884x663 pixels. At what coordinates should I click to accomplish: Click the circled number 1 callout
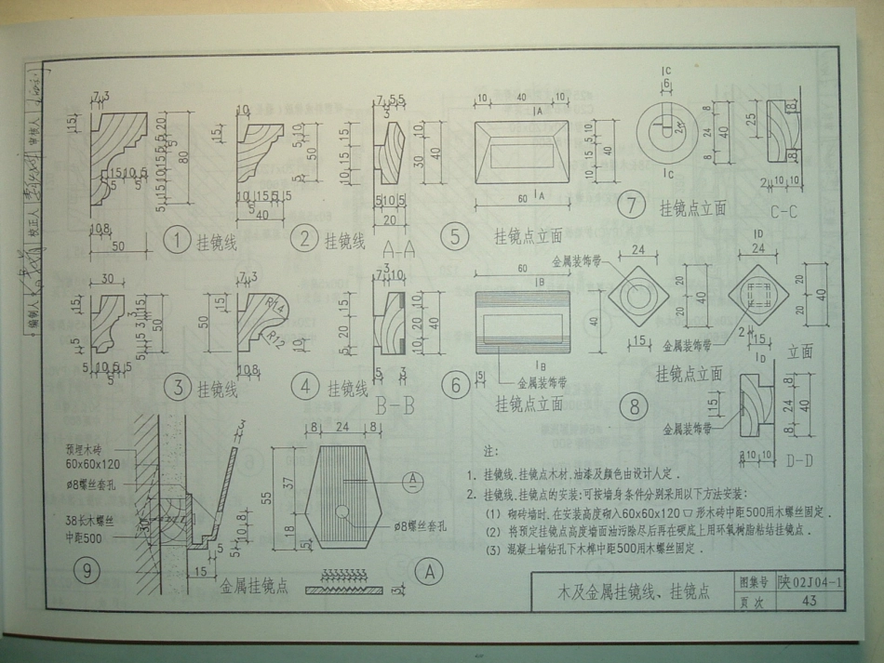(x=176, y=241)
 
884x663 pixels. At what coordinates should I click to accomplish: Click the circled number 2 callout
(x=303, y=239)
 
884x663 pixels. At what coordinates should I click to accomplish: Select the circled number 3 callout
(x=177, y=387)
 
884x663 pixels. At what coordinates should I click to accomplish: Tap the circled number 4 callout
(x=303, y=387)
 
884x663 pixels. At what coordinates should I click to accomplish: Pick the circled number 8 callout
(x=635, y=406)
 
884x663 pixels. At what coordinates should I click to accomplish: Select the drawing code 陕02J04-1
(x=810, y=582)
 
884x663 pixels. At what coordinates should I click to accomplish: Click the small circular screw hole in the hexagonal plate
(x=343, y=511)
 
